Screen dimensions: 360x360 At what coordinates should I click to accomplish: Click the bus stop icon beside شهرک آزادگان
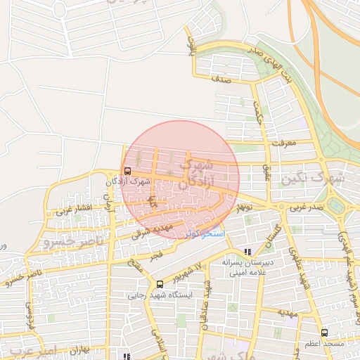(x=127, y=171)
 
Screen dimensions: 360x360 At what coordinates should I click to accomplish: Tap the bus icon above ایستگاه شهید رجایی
(x=161, y=285)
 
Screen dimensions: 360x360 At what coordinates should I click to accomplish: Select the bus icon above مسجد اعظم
(x=323, y=333)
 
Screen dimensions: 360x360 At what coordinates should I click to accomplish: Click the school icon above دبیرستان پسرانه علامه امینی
(x=247, y=252)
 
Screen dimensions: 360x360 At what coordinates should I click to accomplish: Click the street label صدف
(x=220, y=81)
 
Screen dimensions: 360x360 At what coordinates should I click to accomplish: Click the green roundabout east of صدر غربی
(x=335, y=205)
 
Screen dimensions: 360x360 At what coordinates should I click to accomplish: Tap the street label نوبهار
(x=244, y=207)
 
